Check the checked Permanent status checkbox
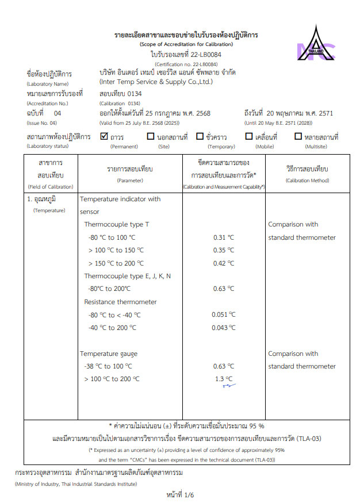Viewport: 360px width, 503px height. click(x=104, y=137)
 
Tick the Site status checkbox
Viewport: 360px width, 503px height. click(x=151, y=137)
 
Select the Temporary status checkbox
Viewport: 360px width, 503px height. click(x=200, y=137)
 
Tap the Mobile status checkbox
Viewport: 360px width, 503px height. click(x=249, y=137)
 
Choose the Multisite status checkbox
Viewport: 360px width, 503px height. click(x=298, y=137)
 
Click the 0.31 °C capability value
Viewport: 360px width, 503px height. click(x=224, y=237)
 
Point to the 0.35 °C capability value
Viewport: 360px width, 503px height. click(x=224, y=250)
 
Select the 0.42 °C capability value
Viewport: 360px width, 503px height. click(x=224, y=263)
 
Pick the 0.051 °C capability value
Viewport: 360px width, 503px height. click(x=224, y=314)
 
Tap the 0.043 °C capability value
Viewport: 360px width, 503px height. click(x=224, y=327)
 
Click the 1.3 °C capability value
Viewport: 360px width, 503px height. click(x=224, y=379)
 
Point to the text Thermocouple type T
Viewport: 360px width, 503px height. click(x=117, y=224)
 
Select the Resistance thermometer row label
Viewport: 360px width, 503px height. click(x=120, y=302)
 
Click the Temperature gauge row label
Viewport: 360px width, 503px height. click(x=109, y=354)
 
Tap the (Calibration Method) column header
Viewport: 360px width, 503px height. click(x=307, y=181)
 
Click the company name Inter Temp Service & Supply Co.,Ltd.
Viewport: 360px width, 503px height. click(x=156, y=82)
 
